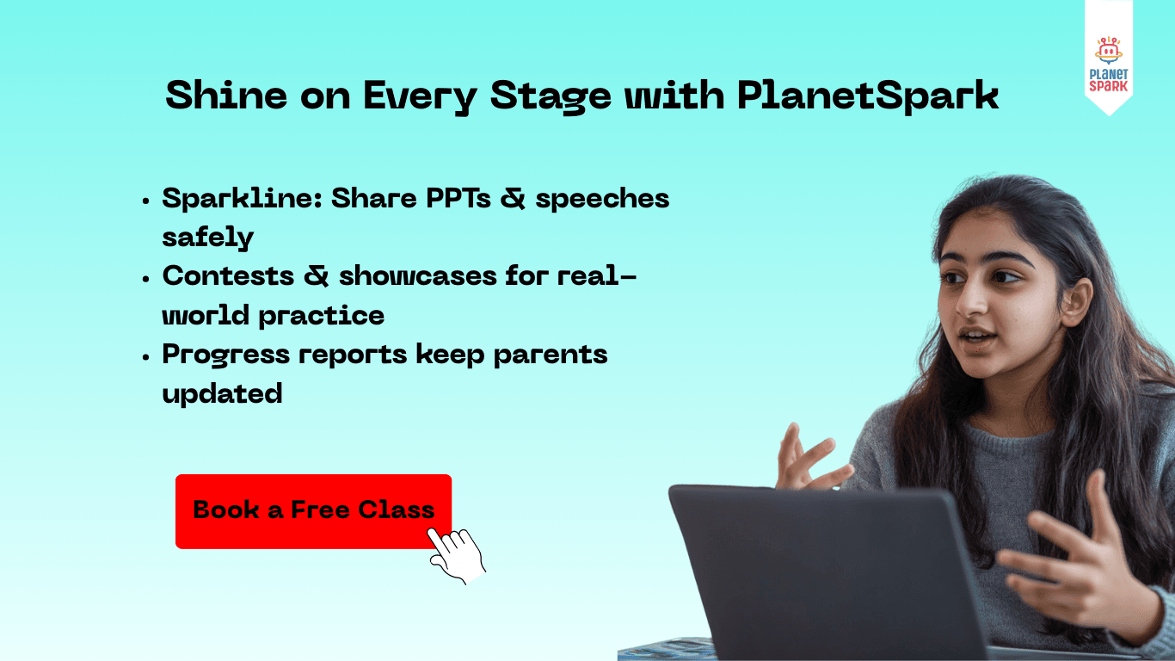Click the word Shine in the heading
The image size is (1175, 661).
pos(226,96)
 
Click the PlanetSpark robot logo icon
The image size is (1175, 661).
pos(1109,51)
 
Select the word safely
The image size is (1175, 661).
pos(207,238)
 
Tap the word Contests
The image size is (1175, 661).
pos(228,276)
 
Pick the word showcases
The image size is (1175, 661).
pos(417,276)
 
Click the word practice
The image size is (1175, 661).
pos(321,316)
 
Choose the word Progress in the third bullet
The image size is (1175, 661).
pos(225,355)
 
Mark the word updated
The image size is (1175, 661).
pos(222,394)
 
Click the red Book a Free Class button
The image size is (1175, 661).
pos(313,511)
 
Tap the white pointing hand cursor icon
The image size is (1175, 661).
pos(458,555)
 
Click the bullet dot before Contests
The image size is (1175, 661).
pos(146,279)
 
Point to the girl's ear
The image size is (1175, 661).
pos(1077,303)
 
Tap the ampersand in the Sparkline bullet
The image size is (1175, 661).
pos(513,199)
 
